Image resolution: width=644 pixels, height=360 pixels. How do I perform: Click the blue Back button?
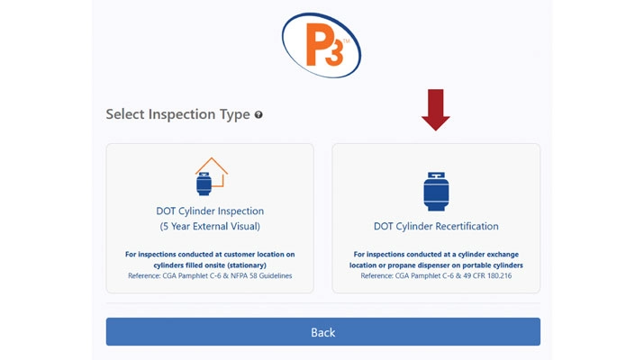click(322, 332)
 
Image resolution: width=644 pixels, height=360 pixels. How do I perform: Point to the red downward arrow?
click(435, 110)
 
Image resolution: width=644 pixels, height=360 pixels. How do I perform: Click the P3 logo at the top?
click(322, 45)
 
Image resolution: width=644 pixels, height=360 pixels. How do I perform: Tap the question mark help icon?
click(259, 114)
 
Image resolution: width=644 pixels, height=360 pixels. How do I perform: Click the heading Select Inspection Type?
click(177, 114)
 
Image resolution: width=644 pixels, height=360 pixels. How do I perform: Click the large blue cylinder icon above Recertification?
click(436, 192)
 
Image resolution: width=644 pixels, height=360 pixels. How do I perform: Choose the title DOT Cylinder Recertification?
click(436, 226)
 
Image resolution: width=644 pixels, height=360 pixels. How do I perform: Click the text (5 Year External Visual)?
click(210, 226)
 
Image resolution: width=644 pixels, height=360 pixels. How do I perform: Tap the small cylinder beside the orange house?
click(204, 184)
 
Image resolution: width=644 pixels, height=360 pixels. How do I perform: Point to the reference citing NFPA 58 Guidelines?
click(210, 275)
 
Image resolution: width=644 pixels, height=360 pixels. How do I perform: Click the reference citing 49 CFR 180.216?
click(436, 275)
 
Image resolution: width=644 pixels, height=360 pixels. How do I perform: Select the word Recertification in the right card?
click(467, 226)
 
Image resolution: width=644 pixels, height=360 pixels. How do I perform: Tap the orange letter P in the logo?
click(316, 44)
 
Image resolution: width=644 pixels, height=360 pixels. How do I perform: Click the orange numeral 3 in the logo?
click(335, 53)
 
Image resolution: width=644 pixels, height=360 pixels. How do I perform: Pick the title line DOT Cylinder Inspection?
click(210, 211)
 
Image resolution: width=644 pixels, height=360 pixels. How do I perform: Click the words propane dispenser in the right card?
click(416, 265)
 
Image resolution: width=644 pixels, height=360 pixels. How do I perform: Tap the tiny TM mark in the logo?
click(346, 41)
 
